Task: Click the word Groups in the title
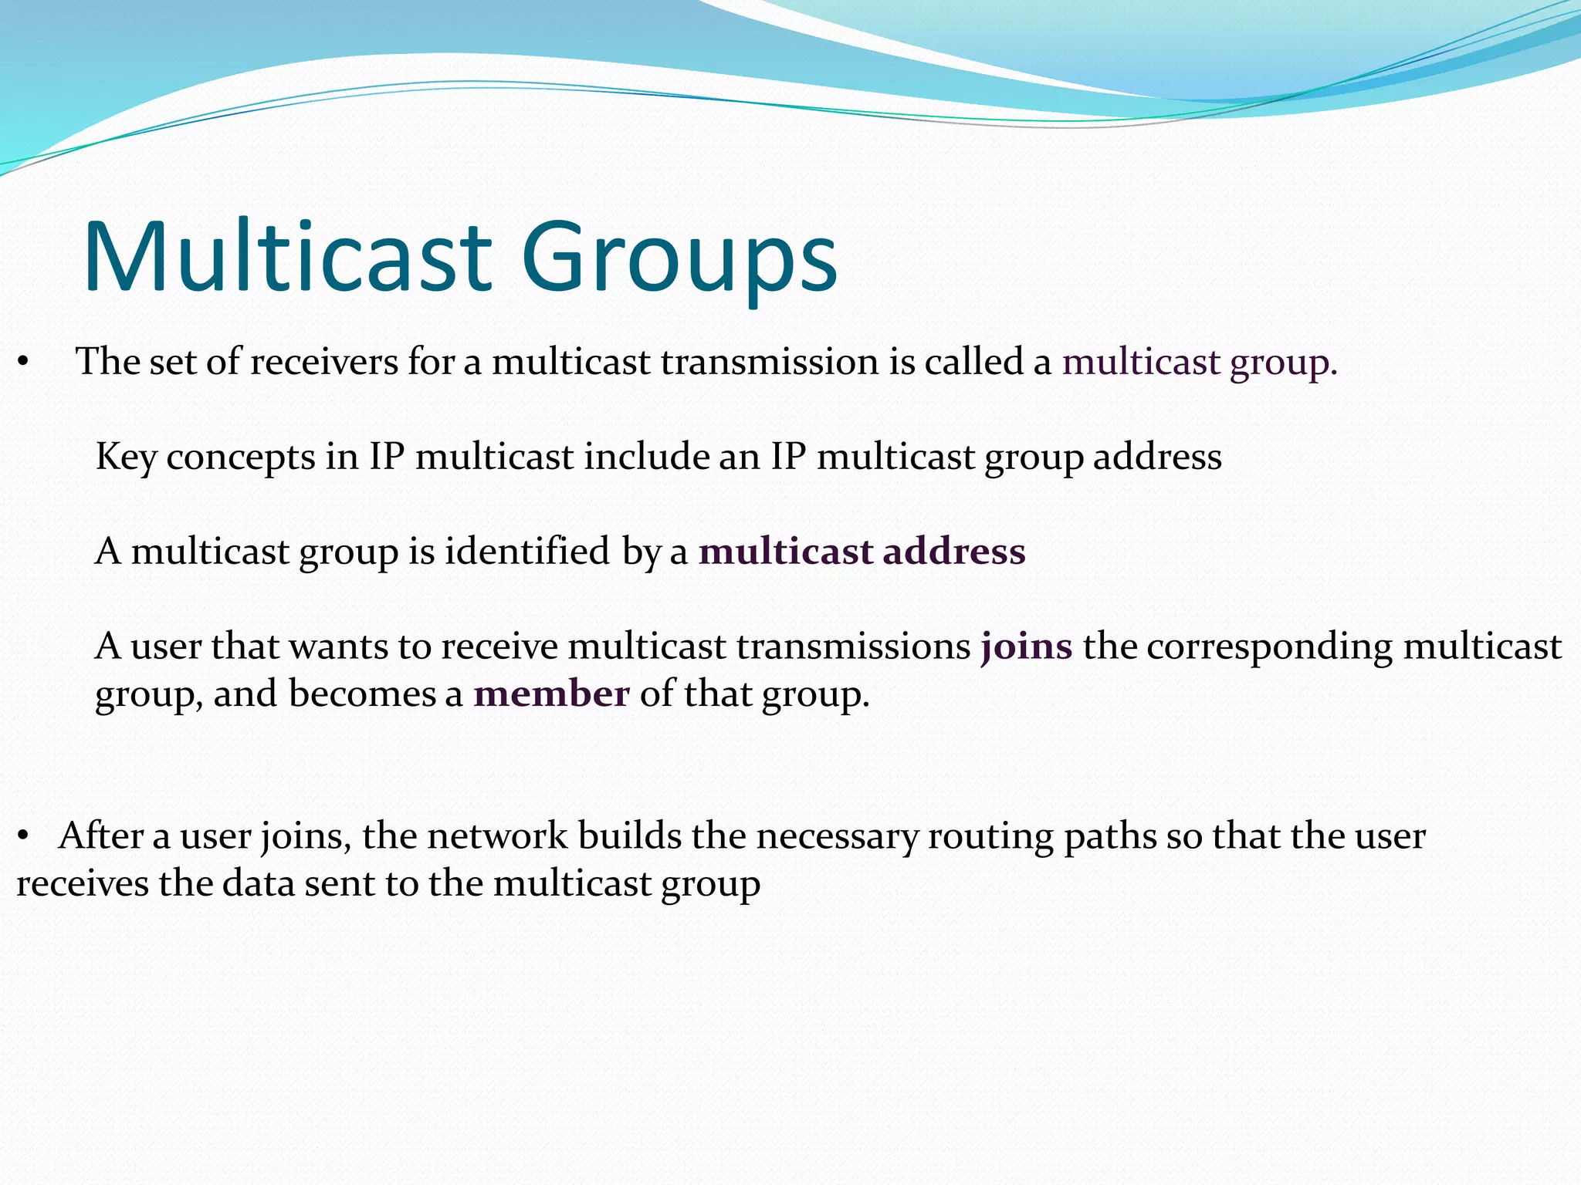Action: tap(679, 259)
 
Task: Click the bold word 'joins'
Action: tap(1026, 647)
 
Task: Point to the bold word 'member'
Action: tap(551, 694)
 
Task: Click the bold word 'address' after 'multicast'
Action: tap(954, 552)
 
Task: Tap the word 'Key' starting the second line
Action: tap(126, 457)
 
